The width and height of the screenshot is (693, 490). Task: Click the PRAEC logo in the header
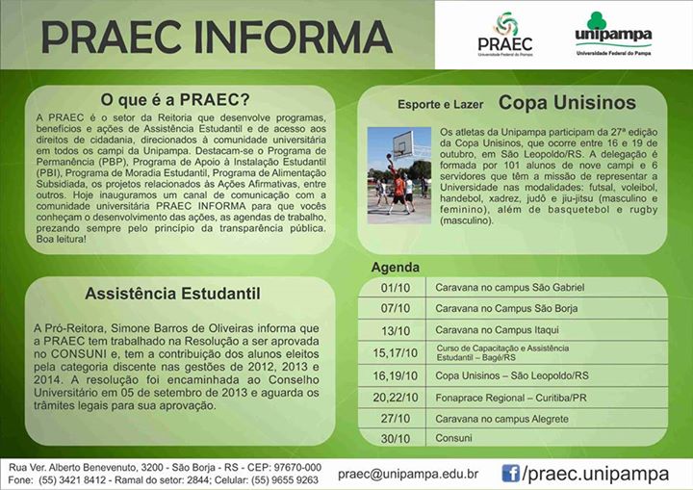505,34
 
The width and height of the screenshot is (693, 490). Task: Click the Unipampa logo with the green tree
613,34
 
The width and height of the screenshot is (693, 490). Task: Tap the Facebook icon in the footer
510,474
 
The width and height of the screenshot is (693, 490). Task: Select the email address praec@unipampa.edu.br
408,474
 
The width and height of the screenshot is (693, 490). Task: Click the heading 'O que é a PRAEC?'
175,99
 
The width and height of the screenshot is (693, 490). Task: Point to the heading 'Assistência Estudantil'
173,294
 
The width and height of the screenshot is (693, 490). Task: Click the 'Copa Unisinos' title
567,103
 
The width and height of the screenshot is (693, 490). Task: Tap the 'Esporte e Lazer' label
440,105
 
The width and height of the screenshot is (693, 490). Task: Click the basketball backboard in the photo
403,142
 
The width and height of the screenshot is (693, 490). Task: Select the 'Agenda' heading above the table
396,268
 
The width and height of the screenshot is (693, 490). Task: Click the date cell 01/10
396,288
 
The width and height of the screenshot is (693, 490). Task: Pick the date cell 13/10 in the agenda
396,331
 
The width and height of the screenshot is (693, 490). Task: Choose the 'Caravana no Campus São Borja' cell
506,308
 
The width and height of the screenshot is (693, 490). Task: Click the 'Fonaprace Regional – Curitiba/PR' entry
511,398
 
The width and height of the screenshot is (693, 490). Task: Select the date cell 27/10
396,419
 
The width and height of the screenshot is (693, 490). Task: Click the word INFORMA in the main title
293,37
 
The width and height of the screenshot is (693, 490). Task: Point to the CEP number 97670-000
297,468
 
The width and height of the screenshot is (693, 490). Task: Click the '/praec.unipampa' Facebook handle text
596,474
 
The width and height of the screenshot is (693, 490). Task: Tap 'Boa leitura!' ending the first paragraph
62,240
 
